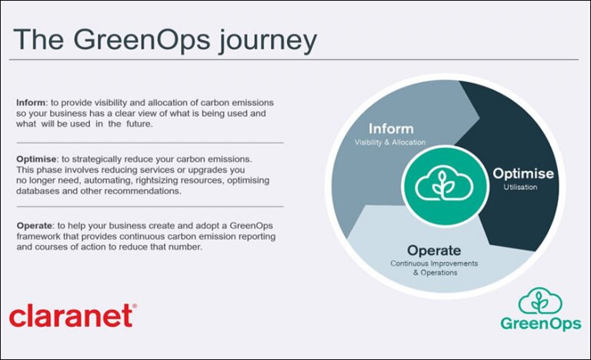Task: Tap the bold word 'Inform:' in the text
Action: (x=30, y=102)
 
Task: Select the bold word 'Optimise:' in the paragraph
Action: (x=35, y=159)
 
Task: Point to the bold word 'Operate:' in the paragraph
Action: (x=34, y=225)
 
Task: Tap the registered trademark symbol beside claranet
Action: (x=135, y=305)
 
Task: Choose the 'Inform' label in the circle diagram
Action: (x=390, y=128)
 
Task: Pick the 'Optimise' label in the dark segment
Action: (x=523, y=174)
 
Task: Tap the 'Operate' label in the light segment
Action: (x=434, y=250)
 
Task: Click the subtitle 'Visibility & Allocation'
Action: (x=390, y=142)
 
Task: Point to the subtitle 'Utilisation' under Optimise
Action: (x=523, y=187)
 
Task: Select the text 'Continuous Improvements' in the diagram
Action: (x=433, y=263)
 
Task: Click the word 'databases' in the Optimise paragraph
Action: (x=38, y=192)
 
